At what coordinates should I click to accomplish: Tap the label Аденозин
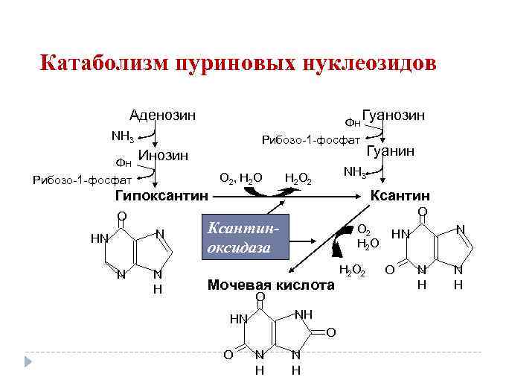coord(162,115)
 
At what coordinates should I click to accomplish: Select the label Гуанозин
coord(394,115)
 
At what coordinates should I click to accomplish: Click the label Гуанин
coord(391,151)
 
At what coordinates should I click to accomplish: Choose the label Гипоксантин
coord(161,196)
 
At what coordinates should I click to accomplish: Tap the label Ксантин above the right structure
coord(400,196)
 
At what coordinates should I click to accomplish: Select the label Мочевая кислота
coord(271,285)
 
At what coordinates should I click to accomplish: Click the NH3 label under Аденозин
coord(122,136)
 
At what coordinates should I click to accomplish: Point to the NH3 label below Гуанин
coord(354,172)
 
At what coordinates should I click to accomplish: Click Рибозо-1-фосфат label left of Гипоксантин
coord(83,179)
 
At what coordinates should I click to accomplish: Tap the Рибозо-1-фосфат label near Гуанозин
coord(309,139)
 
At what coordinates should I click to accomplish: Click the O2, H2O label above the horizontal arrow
coord(240,178)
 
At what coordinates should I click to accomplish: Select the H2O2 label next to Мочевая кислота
coord(351,270)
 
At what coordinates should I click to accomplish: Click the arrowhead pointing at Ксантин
coord(366,196)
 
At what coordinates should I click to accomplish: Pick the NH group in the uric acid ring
coord(303,314)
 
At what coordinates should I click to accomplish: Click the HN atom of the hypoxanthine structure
coord(100,238)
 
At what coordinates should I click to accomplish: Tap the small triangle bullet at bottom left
coord(29,361)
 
